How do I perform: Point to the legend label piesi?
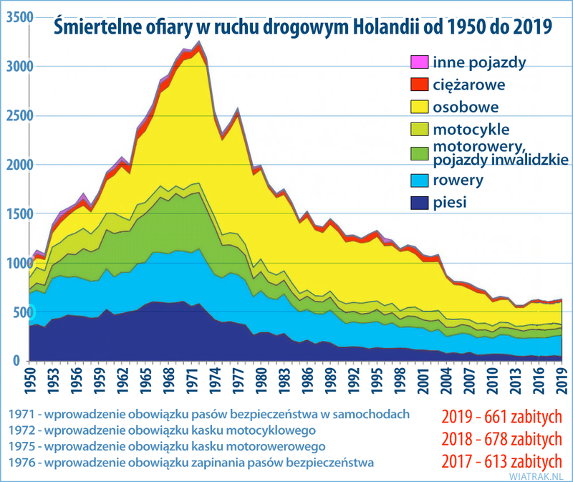pyautogui.click(x=450, y=203)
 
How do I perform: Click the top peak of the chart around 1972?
pyautogui.click(x=199, y=42)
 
